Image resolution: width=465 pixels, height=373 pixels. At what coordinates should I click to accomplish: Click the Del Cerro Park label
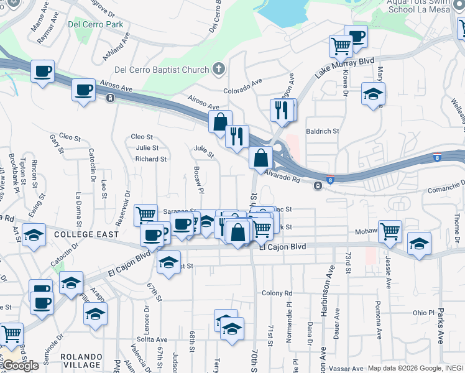point(96,25)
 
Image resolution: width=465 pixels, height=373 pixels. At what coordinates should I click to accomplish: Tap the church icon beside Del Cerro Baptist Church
point(218,68)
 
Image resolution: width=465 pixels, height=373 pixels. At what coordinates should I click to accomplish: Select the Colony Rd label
point(277,293)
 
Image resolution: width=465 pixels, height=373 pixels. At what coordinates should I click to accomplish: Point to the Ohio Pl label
point(426,313)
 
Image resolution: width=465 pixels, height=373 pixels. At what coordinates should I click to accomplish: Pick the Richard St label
point(151,159)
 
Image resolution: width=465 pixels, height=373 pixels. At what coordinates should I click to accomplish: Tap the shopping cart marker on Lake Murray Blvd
point(341,45)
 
